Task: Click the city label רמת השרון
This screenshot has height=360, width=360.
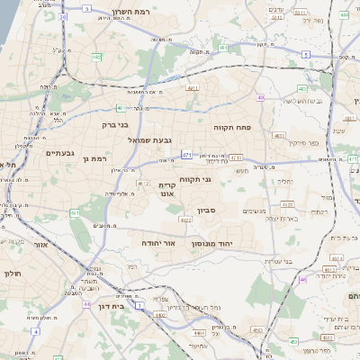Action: click(x=130, y=13)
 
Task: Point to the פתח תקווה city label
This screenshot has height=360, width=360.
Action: click(x=229, y=128)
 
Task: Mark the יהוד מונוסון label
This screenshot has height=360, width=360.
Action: click(x=211, y=243)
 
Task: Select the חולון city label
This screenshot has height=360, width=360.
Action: click(x=12, y=273)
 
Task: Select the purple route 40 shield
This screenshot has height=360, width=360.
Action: click(x=261, y=97)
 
